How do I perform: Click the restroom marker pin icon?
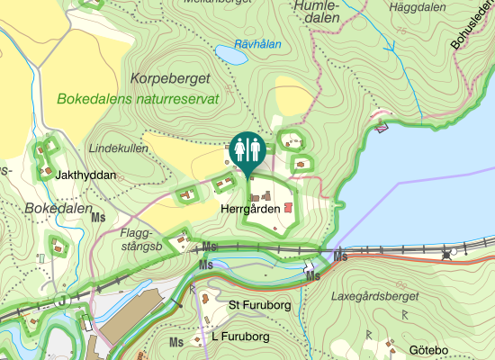pos(246,148)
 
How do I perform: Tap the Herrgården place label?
pos(247,207)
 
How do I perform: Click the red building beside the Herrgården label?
pos(288,208)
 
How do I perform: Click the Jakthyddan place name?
pos(86,175)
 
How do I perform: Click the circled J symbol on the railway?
pos(62,300)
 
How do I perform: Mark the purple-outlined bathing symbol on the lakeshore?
pos(382,127)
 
